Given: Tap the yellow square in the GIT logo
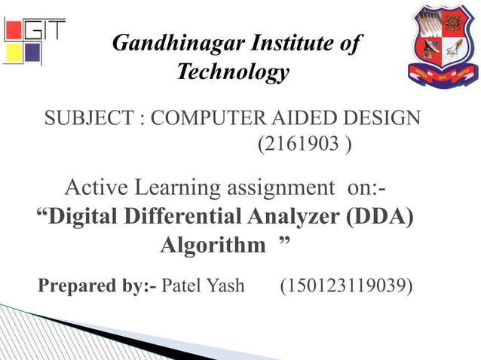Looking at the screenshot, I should [x=14, y=53].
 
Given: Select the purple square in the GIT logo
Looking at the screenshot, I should [x=32, y=53].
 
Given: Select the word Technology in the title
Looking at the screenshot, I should [x=233, y=72].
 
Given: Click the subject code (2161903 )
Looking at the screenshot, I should [x=304, y=142].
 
